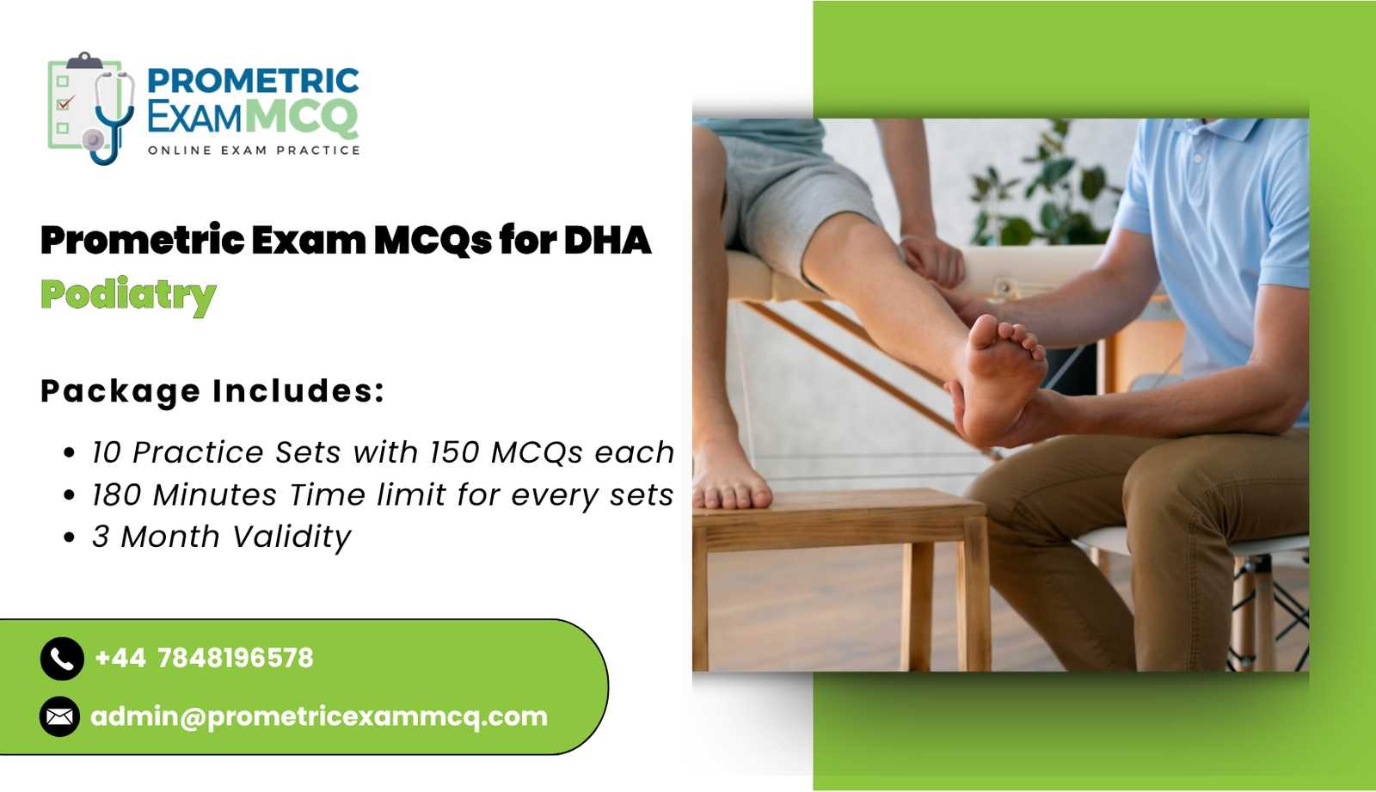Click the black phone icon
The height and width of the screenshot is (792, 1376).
coord(62,659)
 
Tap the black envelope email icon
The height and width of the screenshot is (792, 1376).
coord(60,716)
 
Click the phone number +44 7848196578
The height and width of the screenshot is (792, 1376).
coord(205,659)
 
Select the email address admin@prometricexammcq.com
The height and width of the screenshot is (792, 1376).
coord(319,716)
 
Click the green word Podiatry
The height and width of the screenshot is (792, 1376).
coord(128,295)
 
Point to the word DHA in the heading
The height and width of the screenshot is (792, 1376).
coord(607,240)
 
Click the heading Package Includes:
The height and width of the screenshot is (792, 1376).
coord(212,391)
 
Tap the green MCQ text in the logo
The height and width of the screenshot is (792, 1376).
coord(301,117)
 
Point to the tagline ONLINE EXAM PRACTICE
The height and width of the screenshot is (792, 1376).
coord(254,150)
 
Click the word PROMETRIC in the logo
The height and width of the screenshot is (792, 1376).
coord(253,81)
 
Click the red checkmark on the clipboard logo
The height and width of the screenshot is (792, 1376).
coord(65,102)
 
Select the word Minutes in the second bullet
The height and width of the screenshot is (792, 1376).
coord(215,495)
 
